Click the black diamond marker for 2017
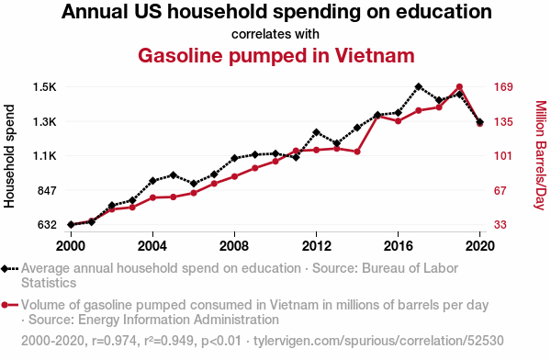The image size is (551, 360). [x=418, y=87]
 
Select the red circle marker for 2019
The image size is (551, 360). [x=459, y=87]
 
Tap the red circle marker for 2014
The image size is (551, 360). [x=357, y=152]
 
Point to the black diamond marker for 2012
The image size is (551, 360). [x=316, y=132]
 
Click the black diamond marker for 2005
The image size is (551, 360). [x=173, y=175]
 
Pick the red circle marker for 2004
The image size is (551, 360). [x=152, y=197]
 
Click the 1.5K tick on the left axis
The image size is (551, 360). [x=45, y=87]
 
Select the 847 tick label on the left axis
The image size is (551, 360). [x=47, y=191]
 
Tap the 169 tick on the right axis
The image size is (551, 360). [x=503, y=87]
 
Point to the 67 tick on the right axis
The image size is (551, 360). [x=500, y=191]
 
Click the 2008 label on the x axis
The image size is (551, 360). [x=234, y=246]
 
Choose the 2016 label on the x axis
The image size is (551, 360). [x=399, y=246]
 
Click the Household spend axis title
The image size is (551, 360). [x=9, y=156]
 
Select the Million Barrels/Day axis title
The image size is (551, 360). [x=541, y=155]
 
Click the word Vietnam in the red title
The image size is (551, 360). [x=375, y=55]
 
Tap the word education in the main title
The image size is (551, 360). [x=444, y=11]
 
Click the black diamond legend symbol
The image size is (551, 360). [x=5, y=269]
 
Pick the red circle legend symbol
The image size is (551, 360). [x=5, y=305]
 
